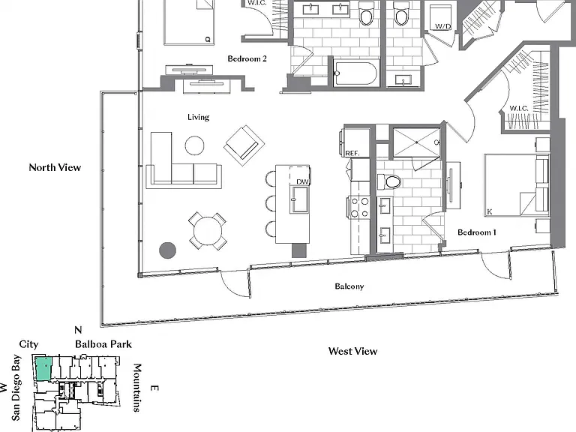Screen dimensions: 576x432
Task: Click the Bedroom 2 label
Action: pos(247,58)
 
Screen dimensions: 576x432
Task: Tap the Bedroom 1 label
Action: pos(477,232)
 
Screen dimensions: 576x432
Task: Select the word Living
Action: pos(198,117)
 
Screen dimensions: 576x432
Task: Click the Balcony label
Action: pos(349,286)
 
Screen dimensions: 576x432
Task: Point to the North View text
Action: pos(55,167)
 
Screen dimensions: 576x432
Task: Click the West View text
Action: pos(352,351)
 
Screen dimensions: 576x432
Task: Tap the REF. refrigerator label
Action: pos(352,153)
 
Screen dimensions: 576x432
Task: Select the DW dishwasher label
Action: pos(303,181)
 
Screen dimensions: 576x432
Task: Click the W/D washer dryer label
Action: pos(442,26)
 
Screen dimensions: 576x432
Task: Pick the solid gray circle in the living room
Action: pos(167,250)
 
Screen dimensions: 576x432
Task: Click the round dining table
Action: pos(208,232)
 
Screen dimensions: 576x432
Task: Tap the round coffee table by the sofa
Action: pos(195,145)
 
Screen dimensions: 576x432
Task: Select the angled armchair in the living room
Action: pos(244,145)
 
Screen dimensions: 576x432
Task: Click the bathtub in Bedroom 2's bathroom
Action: pos(355,73)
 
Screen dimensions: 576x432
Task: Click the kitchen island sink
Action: pos(300,199)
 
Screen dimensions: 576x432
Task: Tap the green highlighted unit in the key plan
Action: pos(43,369)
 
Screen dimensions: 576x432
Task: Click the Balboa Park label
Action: pos(103,344)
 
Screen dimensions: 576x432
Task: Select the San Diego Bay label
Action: pos(16,388)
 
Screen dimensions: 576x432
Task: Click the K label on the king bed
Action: pos(489,212)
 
